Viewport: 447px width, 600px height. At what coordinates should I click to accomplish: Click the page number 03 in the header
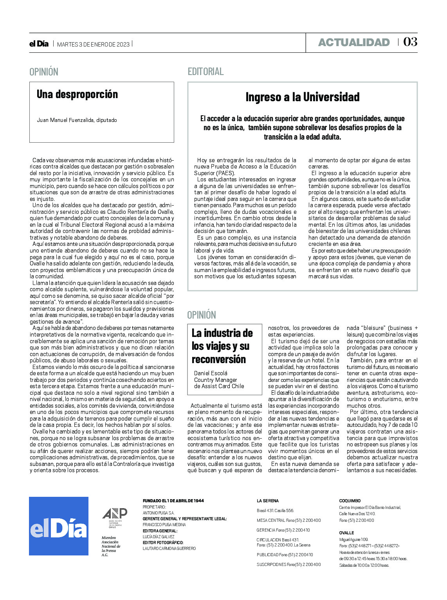(410, 42)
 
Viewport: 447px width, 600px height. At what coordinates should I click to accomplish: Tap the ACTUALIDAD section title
(354, 42)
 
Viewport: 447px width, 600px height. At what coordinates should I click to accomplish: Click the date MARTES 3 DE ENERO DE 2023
(93, 44)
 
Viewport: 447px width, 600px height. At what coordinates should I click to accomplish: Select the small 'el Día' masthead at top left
(39, 44)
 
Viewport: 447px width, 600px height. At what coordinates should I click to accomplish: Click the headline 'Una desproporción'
(77, 94)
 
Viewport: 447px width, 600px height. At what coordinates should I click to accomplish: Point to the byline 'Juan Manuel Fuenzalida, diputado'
(77, 120)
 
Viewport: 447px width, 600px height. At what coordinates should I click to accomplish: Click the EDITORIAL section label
(205, 72)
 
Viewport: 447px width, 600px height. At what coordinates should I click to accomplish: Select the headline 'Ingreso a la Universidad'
(302, 97)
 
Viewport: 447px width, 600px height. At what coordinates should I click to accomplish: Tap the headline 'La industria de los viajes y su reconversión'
(222, 346)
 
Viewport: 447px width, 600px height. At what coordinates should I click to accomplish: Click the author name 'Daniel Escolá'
(211, 373)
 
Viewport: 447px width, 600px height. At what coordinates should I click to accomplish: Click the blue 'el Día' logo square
(59, 526)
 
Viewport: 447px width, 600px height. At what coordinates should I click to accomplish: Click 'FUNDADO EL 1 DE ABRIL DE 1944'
(173, 501)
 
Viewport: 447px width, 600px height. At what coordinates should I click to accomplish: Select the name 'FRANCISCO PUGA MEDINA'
(164, 525)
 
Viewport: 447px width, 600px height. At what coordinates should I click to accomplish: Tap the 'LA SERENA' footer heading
(268, 501)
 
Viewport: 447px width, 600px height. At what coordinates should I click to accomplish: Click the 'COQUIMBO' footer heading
(350, 501)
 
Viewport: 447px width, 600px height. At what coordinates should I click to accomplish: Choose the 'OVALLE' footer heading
(346, 533)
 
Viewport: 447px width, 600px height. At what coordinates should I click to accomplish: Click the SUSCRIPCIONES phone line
(288, 564)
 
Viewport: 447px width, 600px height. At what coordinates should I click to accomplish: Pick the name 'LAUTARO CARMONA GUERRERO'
(169, 548)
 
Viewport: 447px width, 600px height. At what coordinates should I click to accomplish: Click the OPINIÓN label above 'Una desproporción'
(44, 72)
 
